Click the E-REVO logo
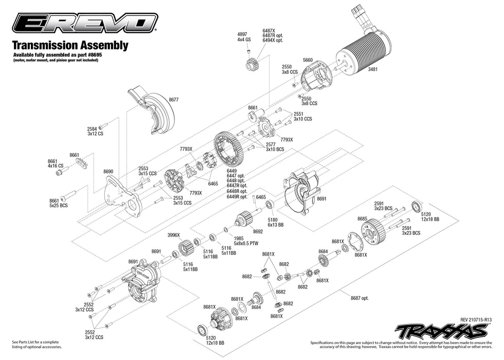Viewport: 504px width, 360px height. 85,23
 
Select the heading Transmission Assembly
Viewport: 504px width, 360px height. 70,45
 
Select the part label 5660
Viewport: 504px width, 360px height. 308,60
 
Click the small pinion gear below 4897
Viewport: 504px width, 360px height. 251,64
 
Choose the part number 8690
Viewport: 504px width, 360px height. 108,171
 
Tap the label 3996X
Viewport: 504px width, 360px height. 173,235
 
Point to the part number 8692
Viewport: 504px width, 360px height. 258,231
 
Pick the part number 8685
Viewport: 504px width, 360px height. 363,219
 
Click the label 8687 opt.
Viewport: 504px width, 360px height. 359,298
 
